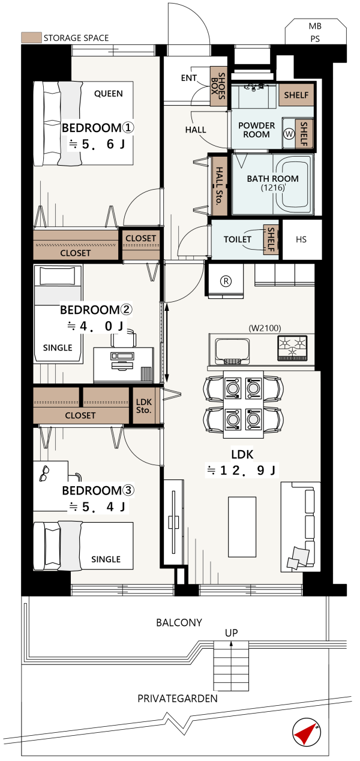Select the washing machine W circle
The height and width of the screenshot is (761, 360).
[x=289, y=134]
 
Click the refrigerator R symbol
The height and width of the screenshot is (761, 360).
[x=226, y=281]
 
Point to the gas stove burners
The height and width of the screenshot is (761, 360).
[x=292, y=347]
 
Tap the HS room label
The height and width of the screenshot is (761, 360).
[x=301, y=239]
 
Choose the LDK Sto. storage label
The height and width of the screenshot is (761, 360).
[x=143, y=406]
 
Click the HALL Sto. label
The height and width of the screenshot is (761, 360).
[x=219, y=185]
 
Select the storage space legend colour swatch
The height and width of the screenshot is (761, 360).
[x=31, y=37]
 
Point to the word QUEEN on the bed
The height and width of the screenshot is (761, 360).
[x=109, y=94]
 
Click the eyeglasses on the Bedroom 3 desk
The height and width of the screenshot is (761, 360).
[x=44, y=474]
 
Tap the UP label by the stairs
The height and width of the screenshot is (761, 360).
[x=231, y=633]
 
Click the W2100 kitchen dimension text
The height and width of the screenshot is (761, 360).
[x=265, y=328]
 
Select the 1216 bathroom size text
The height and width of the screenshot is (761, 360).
[x=273, y=187]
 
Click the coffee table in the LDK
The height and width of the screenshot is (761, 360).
[x=242, y=527]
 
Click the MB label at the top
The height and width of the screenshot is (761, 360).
[x=315, y=26]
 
